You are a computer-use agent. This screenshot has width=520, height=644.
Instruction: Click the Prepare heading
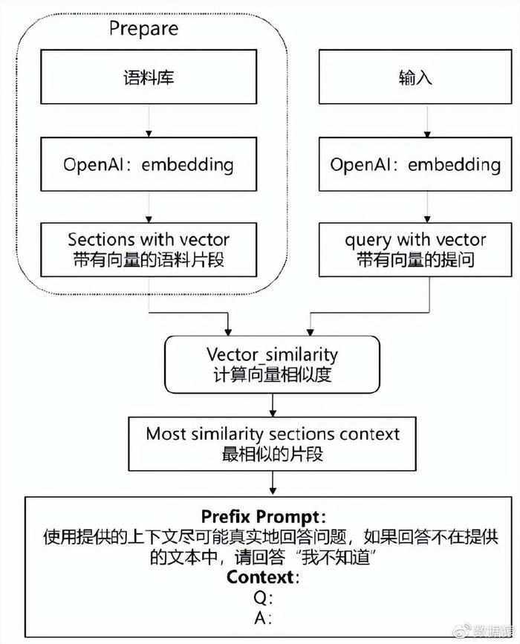tap(144, 29)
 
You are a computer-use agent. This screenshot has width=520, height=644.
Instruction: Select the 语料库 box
tap(149, 77)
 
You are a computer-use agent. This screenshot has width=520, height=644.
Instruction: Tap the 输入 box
tap(415, 77)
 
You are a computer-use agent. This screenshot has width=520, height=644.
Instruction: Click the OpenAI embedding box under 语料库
tap(149, 164)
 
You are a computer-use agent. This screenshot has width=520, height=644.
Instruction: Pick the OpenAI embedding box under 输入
tap(415, 164)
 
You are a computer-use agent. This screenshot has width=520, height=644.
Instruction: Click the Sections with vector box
tap(149, 250)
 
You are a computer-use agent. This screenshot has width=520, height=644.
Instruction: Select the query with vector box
tap(415, 250)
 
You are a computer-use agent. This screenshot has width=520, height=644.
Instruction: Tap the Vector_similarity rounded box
tap(273, 364)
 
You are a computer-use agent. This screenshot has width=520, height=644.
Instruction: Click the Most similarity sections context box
tap(273, 444)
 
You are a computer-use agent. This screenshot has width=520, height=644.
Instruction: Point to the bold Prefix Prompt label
tap(263, 516)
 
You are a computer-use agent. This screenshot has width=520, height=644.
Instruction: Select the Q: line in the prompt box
tap(263, 598)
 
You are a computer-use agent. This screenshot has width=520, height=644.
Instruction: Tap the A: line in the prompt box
tap(263, 617)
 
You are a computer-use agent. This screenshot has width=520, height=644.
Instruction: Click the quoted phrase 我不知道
tap(336, 557)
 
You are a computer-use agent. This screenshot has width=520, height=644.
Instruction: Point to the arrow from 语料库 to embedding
tap(149, 121)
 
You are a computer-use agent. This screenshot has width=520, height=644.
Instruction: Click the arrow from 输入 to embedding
tap(427, 121)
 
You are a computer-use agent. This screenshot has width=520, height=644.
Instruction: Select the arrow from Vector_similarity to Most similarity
tap(273, 405)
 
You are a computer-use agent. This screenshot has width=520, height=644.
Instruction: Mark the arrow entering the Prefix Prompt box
tap(273, 483)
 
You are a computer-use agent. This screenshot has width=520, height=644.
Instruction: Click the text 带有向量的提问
tap(415, 260)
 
